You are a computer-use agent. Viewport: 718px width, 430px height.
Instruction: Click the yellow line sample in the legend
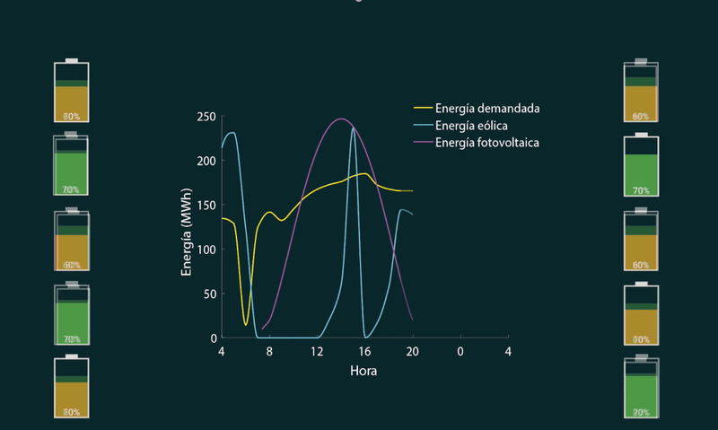click(422, 110)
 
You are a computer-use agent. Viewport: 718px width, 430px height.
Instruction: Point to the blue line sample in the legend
click(422, 127)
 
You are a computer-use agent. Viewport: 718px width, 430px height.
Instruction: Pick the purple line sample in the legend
click(422, 144)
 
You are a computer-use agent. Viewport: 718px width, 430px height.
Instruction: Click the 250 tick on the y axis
click(206, 117)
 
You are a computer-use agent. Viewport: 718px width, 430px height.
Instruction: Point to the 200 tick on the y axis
click(206, 161)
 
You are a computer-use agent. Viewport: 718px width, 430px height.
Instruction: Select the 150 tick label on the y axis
click(206, 206)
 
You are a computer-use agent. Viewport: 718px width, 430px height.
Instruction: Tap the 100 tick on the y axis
click(206, 250)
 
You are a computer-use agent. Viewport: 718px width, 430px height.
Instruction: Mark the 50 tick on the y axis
click(210, 294)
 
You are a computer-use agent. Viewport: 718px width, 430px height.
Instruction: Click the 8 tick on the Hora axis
click(269, 351)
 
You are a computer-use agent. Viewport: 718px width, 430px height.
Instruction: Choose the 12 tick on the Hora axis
click(317, 351)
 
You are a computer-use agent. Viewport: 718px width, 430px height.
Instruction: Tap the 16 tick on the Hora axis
click(364, 351)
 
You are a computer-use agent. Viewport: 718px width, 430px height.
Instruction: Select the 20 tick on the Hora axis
click(413, 351)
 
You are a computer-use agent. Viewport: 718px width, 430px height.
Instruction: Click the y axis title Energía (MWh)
click(187, 231)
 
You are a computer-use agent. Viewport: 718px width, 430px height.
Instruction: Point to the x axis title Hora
click(364, 370)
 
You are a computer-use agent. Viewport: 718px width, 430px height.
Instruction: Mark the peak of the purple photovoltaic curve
click(340, 118)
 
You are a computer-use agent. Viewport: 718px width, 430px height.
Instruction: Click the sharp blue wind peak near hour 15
click(354, 128)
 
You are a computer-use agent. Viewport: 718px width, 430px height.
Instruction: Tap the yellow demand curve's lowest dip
click(246, 324)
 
